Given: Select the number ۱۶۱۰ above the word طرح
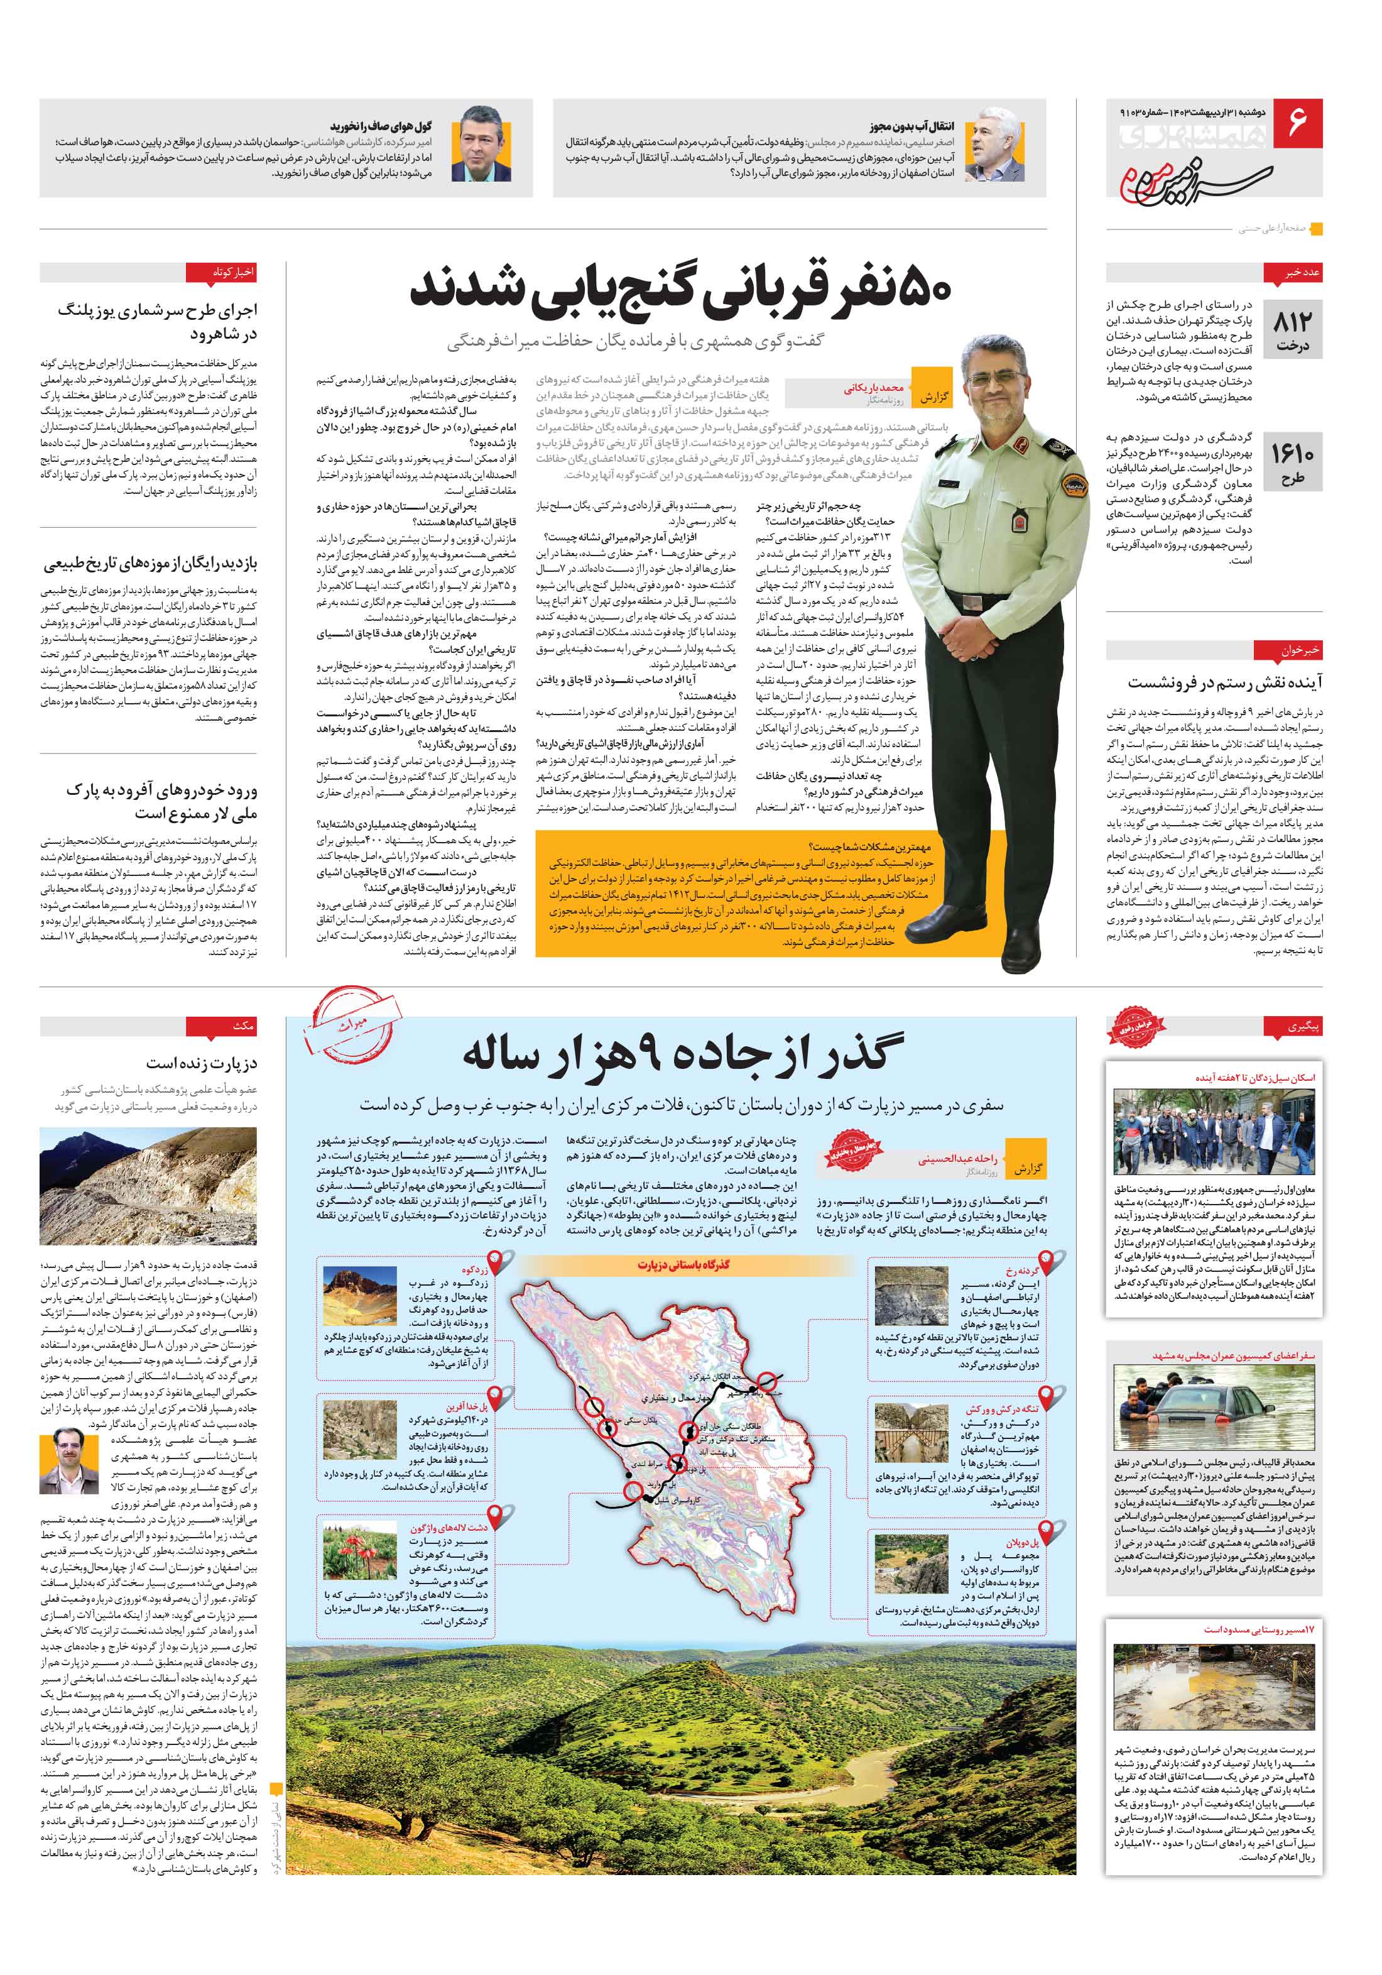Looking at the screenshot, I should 1293,452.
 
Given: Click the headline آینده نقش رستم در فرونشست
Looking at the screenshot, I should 1226,682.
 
